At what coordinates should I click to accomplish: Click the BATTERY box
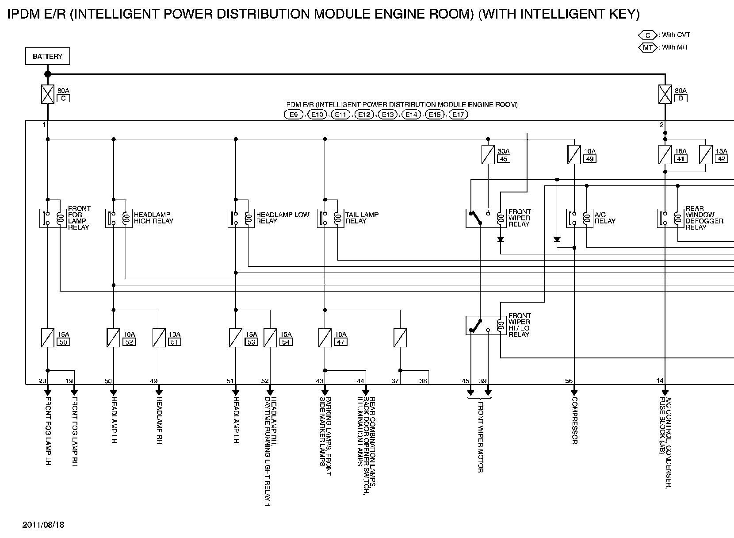click(47, 57)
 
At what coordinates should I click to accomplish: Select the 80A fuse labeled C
click(47, 94)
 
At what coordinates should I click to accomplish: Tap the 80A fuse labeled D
click(665, 94)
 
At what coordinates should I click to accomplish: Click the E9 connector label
click(294, 115)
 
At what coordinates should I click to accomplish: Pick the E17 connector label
click(458, 115)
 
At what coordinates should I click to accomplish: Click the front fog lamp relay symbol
click(53, 218)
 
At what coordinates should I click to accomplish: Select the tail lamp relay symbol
click(330, 218)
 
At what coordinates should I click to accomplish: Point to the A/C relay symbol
click(579, 218)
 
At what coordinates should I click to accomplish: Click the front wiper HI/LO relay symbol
click(486, 325)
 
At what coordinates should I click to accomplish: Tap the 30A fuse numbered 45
click(488, 155)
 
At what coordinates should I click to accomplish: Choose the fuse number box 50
click(63, 342)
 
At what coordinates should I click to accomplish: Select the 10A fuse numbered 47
click(325, 338)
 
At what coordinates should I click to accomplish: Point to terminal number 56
click(569, 380)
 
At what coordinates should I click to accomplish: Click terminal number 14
click(660, 380)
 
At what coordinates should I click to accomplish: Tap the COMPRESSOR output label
click(574, 420)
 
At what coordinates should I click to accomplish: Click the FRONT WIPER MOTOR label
click(480, 436)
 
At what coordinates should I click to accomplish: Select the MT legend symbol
click(648, 47)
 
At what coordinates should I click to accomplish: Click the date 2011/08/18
click(43, 525)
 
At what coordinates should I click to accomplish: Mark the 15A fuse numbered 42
click(706, 155)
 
